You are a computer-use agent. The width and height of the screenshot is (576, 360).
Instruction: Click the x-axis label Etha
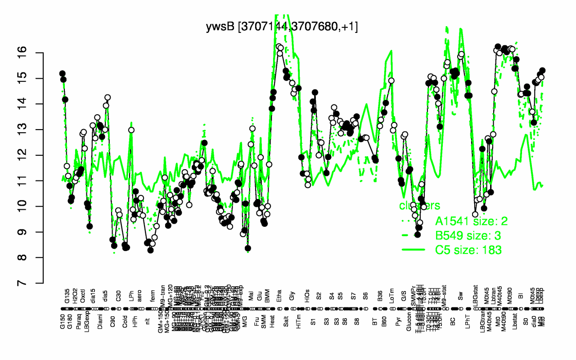(x=280, y=325)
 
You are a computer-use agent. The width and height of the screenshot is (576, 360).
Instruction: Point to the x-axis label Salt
(x=286, y=325)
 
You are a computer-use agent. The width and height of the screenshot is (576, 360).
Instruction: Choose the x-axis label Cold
(x=126, y=325)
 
